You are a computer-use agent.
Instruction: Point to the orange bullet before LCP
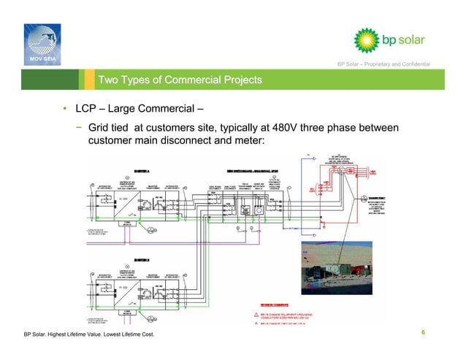(65, 111)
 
